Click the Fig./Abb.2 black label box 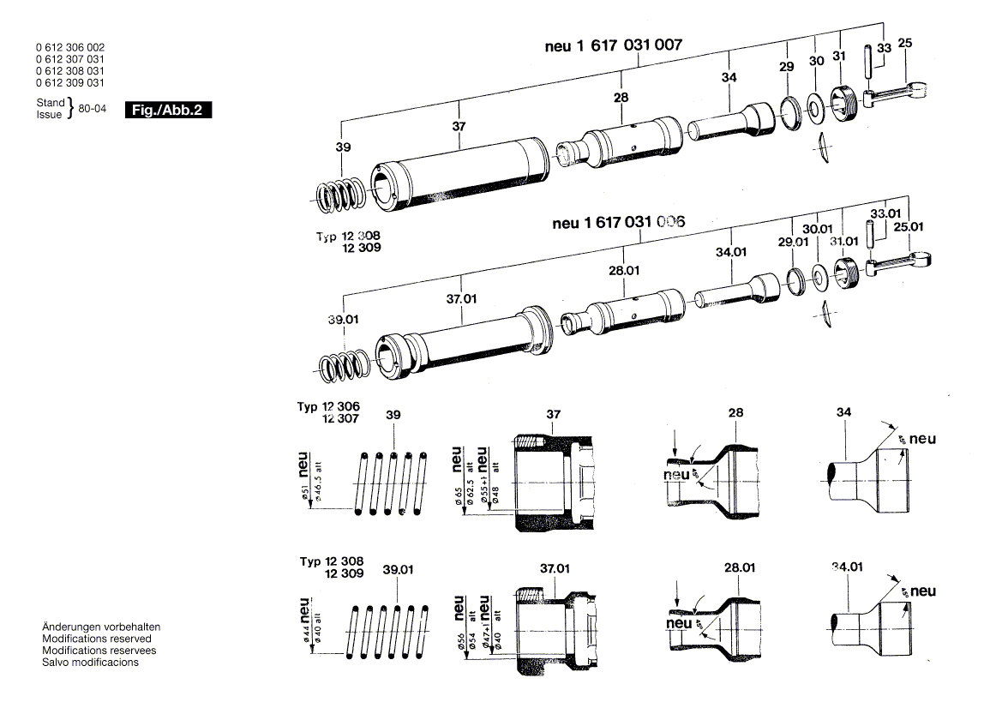point(168,110)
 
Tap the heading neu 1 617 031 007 point(614,45)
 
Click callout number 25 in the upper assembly point(905,42)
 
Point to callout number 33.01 point(883,213)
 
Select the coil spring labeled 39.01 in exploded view point(344,366)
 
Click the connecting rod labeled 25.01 point(900,261)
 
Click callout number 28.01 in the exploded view point(624,270)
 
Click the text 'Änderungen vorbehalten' point(101,627)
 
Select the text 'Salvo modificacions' point(90,663)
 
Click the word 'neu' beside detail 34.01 point(923,591)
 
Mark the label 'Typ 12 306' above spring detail point(329,406)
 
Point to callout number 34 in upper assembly point(729,77)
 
